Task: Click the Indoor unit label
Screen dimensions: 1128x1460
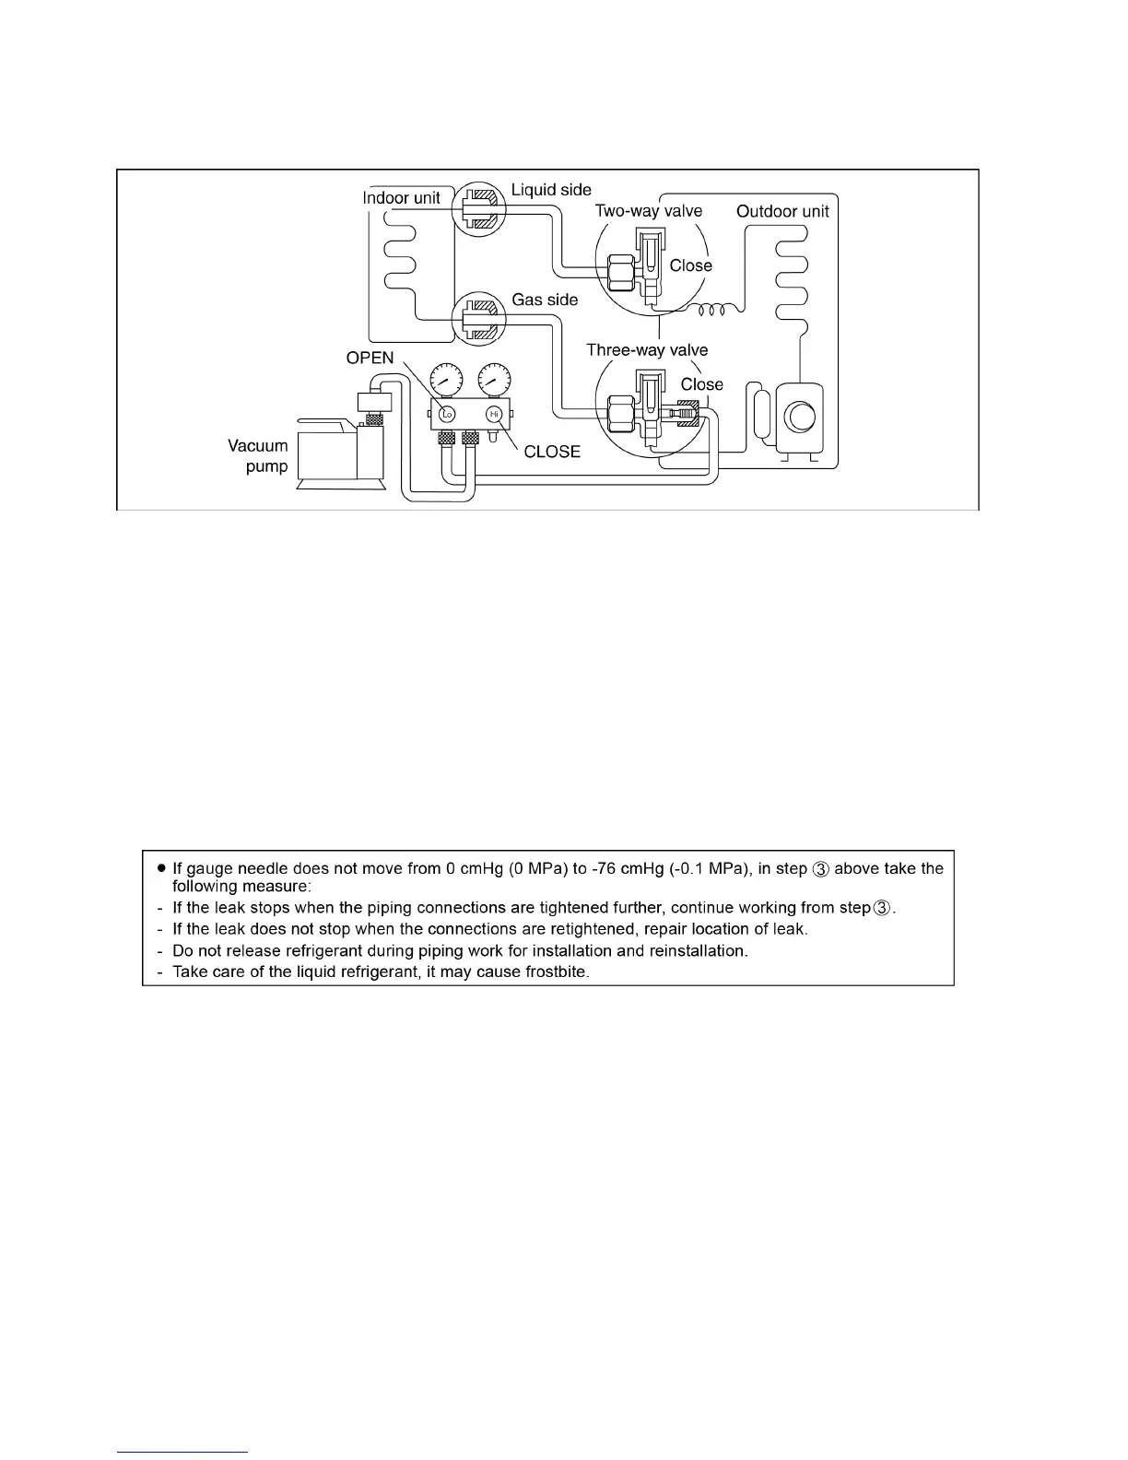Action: pyautogui.click(x=401, y=197)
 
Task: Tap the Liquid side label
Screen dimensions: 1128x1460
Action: pyautogui.click(x=551, y=190)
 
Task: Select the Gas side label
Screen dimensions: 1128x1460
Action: pyautogui.click(x=545, y=300)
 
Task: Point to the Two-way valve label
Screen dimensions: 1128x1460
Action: pyautogui.click(x=648, y=211)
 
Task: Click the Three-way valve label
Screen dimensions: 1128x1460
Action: pyautogui.click(x=647, y=350)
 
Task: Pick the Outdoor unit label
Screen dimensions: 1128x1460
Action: pyautogui.click(x=782, y=211)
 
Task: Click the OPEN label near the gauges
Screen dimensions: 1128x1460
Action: pyautogui.click(x=370, y=358)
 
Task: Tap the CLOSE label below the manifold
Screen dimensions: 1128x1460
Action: pyautogui.click(x=552, y=452)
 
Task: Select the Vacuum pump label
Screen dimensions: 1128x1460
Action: pyautogui.click(x=259, y=455)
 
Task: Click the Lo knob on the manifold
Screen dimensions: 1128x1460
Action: pyautogui.click(x=448, y=414)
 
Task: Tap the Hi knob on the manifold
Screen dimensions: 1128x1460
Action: pyautogui.click(x=493, y=414)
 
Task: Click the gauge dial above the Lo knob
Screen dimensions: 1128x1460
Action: pyautogui.click(x=447, y=380)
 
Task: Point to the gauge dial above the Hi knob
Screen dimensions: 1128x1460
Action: pyautogui.click(x=495, y=380)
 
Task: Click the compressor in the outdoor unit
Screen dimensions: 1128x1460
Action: pyautogui.click(x=799, y=417)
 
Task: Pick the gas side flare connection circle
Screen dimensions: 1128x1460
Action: pyautogui.click(x=481, y=319)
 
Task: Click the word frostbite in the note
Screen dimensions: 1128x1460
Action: pyautogui.click(x=556, y=972)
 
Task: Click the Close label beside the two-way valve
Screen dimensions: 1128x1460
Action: pyautogui.click(x=691, y=265)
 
